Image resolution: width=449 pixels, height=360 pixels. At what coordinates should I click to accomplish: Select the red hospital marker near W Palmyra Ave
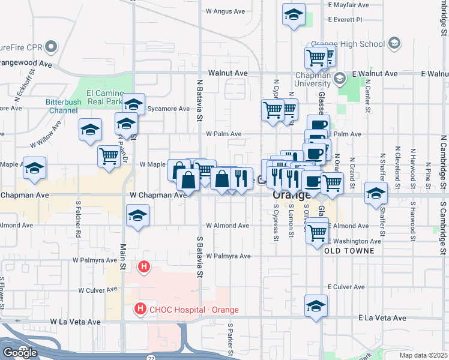(144, 266)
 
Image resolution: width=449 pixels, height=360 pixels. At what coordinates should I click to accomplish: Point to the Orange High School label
(348, 44)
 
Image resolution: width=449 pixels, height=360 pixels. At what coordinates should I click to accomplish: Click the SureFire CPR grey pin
(52, 46)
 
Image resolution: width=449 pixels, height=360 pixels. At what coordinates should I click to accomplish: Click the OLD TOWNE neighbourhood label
(349, 251)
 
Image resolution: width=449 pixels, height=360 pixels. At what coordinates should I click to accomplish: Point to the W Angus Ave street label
(226, 11)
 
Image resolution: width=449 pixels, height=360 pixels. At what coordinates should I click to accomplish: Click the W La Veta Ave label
(75, 322)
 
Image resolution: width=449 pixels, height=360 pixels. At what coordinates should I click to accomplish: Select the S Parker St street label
(230, 338)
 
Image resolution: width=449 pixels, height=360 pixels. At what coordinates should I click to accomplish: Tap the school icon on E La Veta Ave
(316, 306)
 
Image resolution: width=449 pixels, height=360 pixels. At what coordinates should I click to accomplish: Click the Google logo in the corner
(19, 353)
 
